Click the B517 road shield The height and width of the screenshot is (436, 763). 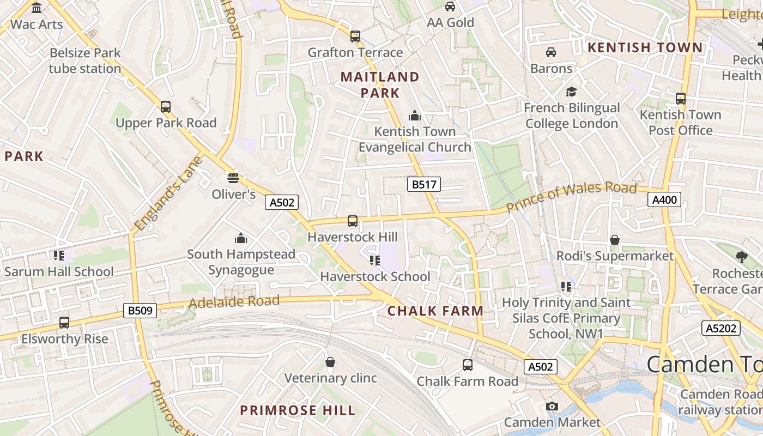click(x=424, y=185)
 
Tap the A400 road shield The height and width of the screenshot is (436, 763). click(x=665, y=200)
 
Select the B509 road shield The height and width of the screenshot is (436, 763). click(x=141, y=311)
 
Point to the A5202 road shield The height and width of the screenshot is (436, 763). click(x=721, y=328)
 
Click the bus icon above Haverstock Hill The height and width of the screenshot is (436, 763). click(x=353, y=221)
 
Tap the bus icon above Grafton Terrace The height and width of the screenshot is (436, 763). click(x=355, y=37)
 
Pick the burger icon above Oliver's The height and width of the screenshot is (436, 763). click(x=233, y=178)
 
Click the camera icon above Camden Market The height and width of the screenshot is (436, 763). click(x=552, y=406)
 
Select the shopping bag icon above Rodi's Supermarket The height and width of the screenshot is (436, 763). click(x=615, y=240)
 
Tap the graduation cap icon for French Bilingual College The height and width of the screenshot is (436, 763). click(x=571, y=92)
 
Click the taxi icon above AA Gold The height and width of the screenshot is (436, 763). click(x=450, y=7)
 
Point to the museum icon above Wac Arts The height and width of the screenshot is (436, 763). click(x=37, y=8)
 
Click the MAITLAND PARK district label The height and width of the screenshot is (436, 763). click(x=380, y=84)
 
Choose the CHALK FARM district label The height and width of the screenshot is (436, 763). click(x=435, y=311)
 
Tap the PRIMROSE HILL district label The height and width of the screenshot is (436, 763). click(x=298, y=410)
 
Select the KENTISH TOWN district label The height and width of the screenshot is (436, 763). click(x=645, y=47)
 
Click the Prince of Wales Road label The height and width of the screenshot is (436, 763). click(x=571, y=197)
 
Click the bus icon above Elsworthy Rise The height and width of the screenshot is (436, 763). click(x=64, y=323)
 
